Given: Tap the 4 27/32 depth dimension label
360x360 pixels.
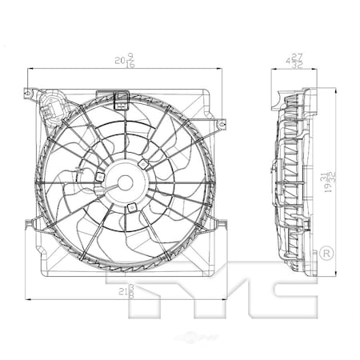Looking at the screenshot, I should (297, 61).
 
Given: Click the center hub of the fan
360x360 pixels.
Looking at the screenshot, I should (124, 183).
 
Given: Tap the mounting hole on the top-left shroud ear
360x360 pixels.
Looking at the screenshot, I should (29, 94).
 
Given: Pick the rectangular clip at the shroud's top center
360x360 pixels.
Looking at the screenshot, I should (122, 99).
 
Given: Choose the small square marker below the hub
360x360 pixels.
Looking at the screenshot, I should (131, 209).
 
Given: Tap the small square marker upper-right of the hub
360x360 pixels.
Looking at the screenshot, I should (142, 164).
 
